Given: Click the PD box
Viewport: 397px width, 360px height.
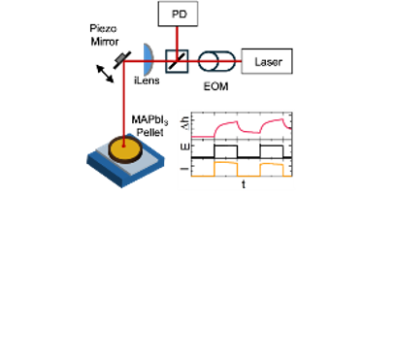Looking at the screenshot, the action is pos(178,14).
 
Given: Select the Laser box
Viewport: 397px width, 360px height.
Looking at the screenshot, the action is pos(267,61).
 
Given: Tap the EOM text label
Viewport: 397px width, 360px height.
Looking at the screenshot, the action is pos(215,86).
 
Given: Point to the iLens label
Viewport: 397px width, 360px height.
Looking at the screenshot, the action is pos(147,81).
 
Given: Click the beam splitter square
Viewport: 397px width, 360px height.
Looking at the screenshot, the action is pos(177,61).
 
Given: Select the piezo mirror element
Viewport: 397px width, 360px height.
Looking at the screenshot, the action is pos(122,60).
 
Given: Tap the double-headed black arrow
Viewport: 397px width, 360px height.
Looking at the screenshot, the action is pos(105,74).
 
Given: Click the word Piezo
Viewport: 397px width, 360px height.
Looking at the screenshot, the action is pos(103,29).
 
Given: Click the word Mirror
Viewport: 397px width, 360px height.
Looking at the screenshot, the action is pos(105,42).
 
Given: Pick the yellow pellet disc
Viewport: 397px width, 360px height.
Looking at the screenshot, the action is pos(125,147).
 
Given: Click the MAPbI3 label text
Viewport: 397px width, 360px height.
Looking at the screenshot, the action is pos(149,120).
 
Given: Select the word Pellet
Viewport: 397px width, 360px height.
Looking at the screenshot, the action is pos(149,132).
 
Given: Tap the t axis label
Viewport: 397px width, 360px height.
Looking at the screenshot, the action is pos(244,184).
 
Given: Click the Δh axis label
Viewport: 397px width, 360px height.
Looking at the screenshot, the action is pos(185,123).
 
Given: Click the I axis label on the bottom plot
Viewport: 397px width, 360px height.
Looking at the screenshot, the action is pos(185,169).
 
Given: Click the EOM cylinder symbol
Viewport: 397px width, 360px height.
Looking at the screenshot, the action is pos(216,61).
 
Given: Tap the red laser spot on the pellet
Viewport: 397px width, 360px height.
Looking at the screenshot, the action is pos(123,146).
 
